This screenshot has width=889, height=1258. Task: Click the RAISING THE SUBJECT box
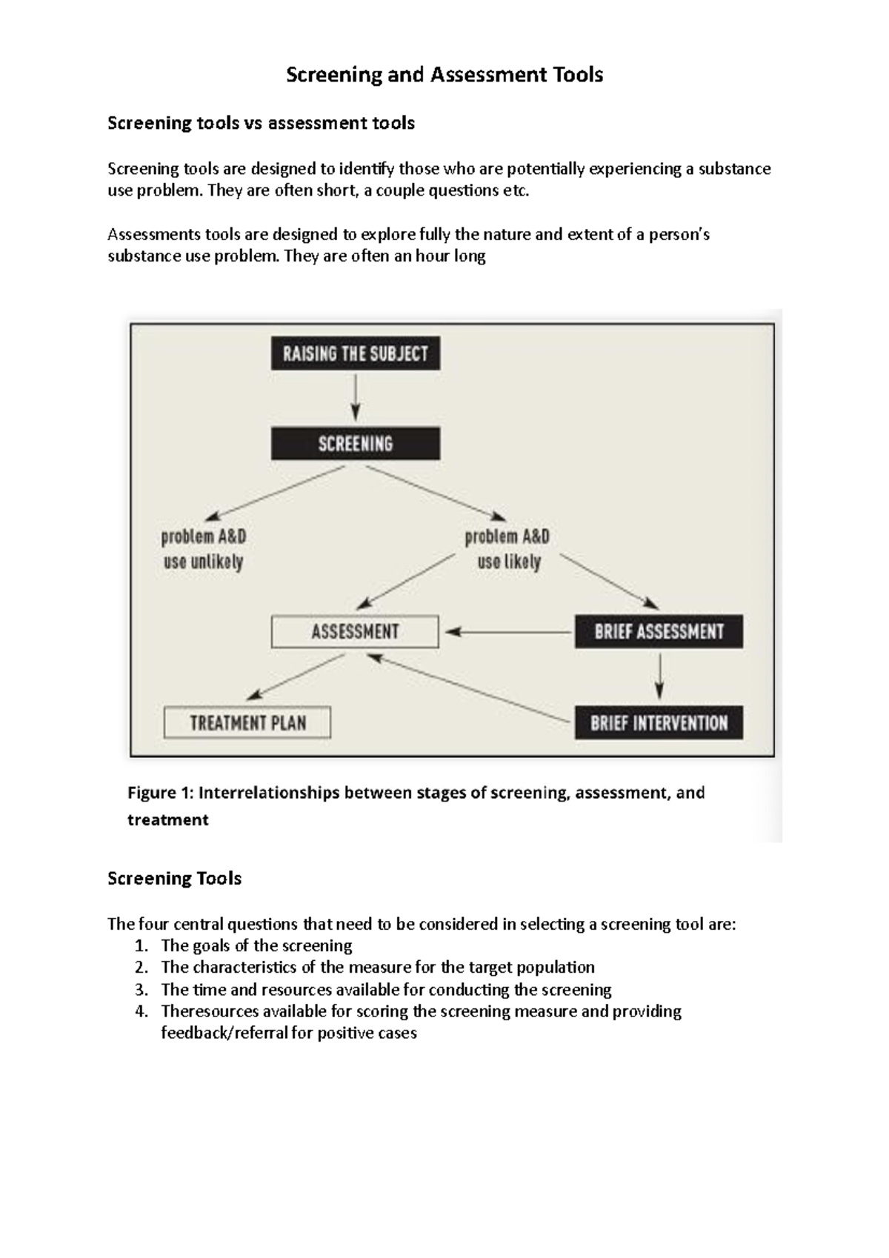pos(356,353)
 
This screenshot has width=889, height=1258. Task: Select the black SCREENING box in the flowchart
pos(356,444)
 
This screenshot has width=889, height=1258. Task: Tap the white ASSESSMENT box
pos(355,632)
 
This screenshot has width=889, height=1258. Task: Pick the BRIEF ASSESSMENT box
pos(659,632)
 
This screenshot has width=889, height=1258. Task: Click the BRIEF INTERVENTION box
pos(659,723)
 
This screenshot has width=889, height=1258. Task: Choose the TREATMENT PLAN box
pos(247,723)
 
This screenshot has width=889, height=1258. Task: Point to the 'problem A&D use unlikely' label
pos(204,549)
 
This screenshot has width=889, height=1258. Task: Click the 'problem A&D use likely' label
pos(507,549)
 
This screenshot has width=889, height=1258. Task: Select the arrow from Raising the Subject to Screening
pos(356,398)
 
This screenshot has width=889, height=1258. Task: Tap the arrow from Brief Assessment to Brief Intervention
pos(659,676)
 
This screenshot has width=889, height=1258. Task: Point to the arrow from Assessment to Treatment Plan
pos(296,676)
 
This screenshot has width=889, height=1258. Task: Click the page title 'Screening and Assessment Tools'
pos(444,75)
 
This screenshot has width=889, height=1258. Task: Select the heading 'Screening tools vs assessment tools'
pos(261,123)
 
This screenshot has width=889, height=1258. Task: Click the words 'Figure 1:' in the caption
pos(160,793)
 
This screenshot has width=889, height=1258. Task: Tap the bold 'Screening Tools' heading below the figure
pos(175,879)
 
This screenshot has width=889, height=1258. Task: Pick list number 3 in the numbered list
pos(141,990)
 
